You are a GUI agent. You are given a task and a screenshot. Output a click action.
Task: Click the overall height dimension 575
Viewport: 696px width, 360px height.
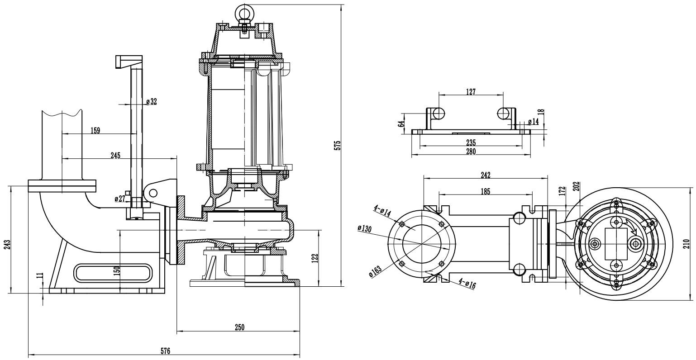click(x=337, y=145)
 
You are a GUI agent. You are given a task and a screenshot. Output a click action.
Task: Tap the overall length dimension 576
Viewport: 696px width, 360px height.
click(x=165, y=351)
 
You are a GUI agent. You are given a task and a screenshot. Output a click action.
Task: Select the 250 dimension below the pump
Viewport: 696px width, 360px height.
click(x=239, y=327)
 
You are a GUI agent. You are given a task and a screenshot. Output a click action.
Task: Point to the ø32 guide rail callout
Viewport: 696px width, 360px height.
click(x=151, y=102)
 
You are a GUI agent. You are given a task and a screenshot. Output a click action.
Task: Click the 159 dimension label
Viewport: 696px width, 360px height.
click(x=95, y=131)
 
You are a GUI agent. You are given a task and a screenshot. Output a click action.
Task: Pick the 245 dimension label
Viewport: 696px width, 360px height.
click(x=115, y=156)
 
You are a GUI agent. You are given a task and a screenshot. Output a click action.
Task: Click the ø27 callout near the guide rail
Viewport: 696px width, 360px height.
click(x=119, y=198)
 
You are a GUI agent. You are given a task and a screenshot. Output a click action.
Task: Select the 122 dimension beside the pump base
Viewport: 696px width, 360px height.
click(x=315, y=258)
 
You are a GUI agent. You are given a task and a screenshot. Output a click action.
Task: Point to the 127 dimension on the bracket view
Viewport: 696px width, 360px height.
click(x=471, y=92)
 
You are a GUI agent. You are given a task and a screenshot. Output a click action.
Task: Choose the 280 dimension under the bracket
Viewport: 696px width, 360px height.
click(x=471, y=152)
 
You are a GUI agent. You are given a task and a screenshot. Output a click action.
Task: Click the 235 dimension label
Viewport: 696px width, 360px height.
click(x=471, y=142)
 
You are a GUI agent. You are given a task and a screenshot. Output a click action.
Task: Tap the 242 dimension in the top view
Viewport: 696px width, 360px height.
click(x=486, y=175)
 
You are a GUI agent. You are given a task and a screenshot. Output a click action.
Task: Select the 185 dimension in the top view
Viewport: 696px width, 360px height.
click(x=485, y=191)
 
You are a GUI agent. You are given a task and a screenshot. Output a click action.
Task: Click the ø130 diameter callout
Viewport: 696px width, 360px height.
click(x=364, y=228)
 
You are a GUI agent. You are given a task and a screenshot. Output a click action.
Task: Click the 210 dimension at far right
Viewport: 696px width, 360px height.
click(x=686, y=244)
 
